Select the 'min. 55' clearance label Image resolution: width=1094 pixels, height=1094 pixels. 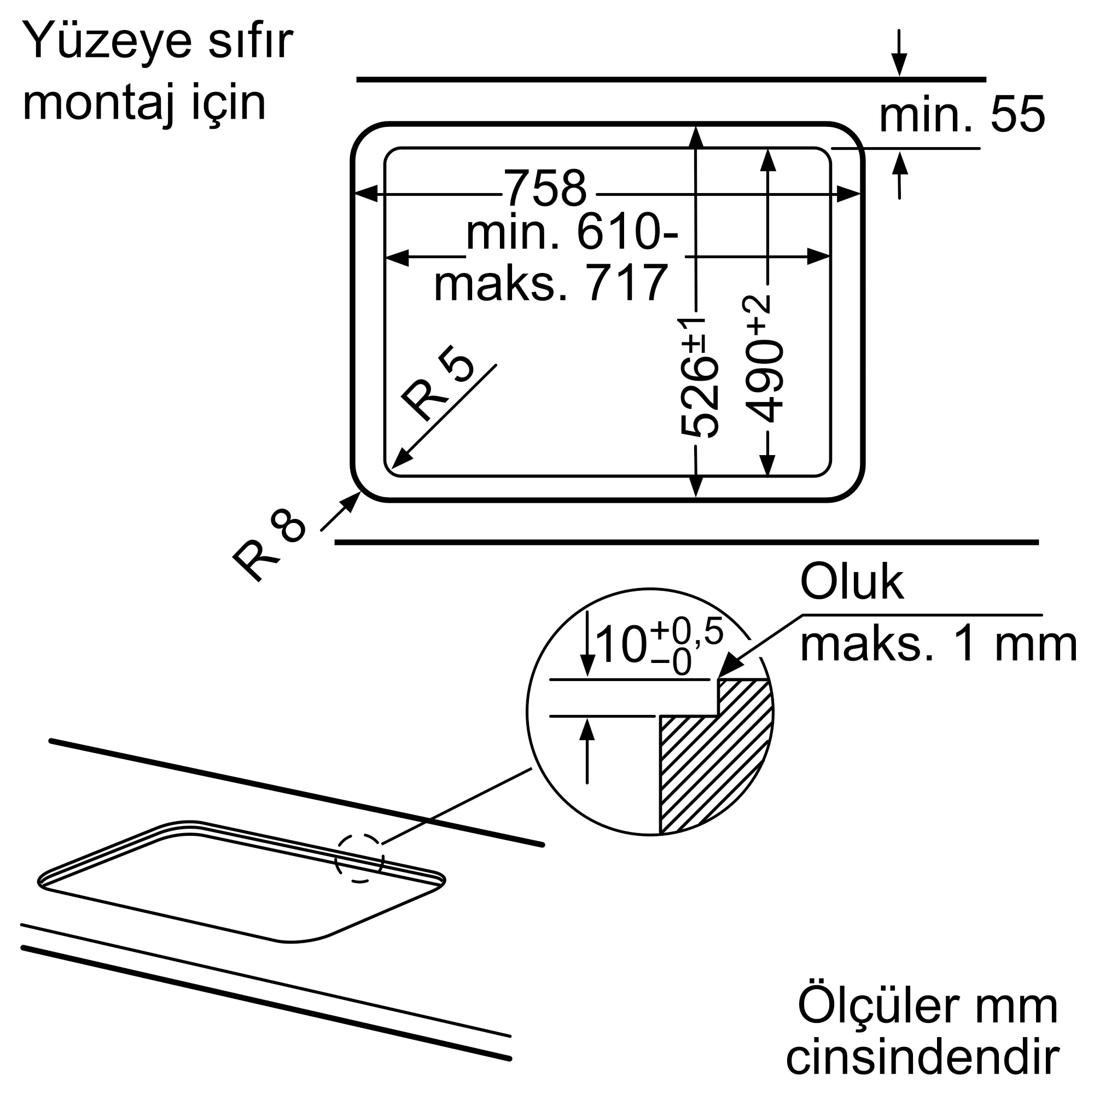tap(961, 115)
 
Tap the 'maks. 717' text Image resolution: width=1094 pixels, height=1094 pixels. tap(551, 283)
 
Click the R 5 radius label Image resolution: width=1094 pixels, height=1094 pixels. tap(436, 383)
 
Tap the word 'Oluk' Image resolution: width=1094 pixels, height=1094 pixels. tap(852, 582)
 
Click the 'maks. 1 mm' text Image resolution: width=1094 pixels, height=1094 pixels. tap(938, 645)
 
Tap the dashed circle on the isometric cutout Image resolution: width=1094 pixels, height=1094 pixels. tap(359, 858)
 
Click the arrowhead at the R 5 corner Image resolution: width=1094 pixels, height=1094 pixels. tap(399, 460)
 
